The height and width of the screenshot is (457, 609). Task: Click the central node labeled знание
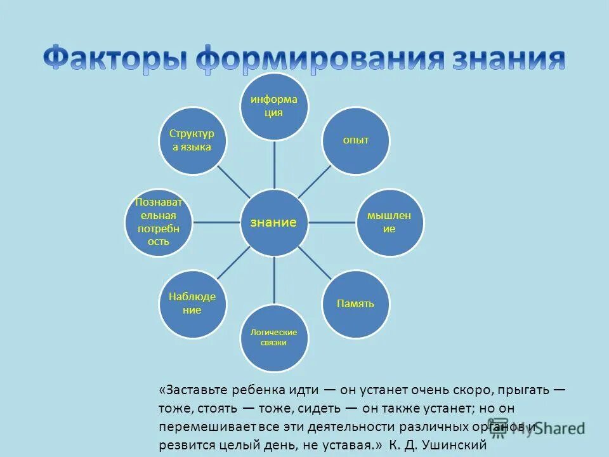[x=274, y=222]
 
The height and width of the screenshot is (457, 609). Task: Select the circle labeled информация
[x=274, y=107]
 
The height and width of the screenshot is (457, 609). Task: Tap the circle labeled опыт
[x=356, y=140]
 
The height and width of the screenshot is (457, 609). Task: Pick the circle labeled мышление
[x=389, y=222]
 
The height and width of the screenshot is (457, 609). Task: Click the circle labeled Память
[x=356, y=303]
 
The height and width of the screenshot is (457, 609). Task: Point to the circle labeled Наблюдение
[x=192, y=303]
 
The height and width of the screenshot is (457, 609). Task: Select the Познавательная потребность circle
[x=158, y=222]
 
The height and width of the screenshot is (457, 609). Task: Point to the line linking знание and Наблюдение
[x=233, y=263]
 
